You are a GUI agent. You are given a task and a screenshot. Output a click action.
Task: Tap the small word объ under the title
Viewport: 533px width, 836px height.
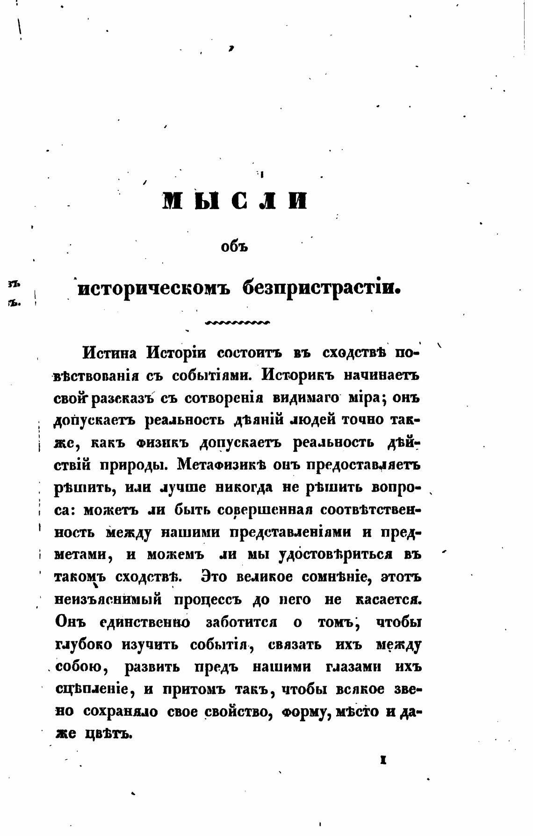234,247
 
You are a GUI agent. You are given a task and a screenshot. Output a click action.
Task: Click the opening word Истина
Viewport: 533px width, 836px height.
109,353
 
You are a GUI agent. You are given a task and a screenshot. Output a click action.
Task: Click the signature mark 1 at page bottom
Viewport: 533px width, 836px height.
382,761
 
